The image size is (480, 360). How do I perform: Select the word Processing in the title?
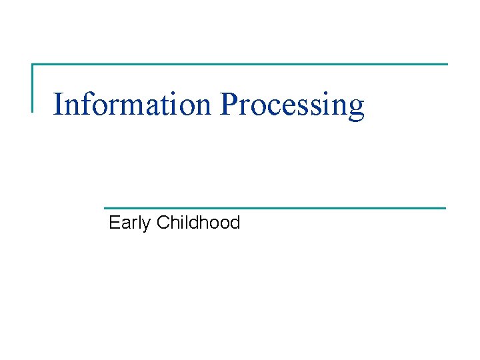click(292, 105)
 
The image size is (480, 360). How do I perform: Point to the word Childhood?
click(198, 222)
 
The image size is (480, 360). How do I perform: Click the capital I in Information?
click(57, 104)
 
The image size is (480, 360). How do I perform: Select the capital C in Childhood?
click(162, 222)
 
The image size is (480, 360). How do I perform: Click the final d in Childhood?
click(234, 222)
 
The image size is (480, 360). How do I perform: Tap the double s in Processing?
click(311, 107)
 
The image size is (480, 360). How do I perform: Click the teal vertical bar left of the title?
click(33, 87)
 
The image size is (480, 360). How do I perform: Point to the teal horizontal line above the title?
click(240, 65)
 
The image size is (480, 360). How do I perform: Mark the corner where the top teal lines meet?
click(33, 65)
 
